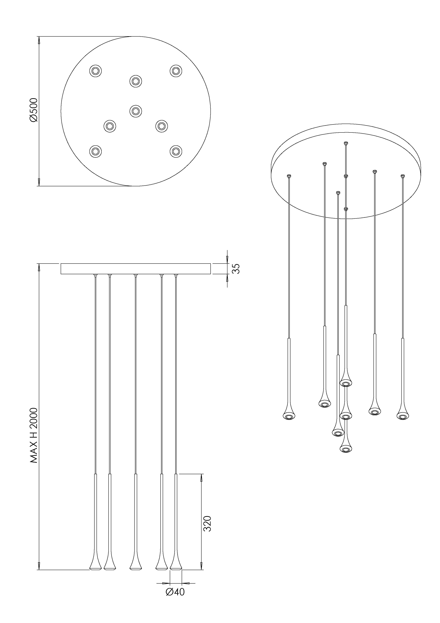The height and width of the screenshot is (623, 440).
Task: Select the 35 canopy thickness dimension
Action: coord(236,269)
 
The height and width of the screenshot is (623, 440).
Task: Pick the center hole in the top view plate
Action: coord(136,111)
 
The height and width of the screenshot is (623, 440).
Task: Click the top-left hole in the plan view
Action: coord(95,71)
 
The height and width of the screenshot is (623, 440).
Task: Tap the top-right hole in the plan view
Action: coord(176,71)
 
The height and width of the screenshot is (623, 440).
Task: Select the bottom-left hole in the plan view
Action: coord(95,151)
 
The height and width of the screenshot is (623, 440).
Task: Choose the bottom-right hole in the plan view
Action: coord(176,151)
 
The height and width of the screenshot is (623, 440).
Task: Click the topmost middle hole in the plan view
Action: coord(136,81)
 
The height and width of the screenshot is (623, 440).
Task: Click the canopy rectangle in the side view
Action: coord(136,269)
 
